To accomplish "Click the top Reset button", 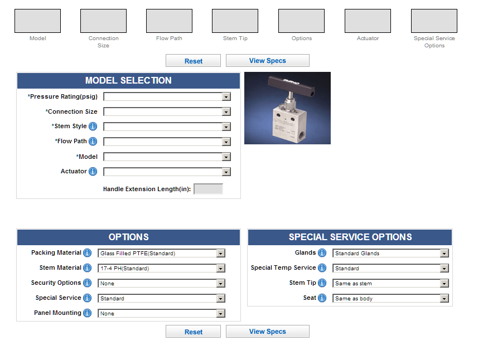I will (x=193, y=61).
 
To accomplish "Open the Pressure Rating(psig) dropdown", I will (x=167, y=96).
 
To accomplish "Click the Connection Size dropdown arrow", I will (x=226, y=111).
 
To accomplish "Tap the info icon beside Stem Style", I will (x=93, y=127).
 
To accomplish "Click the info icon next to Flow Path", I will (x=93, y=142).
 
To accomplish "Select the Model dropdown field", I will (x=167, y=157).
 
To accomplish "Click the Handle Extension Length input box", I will (x=208, y=189).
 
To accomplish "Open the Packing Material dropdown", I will (x=161, y=253).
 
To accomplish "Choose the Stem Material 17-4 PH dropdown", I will (x=161, y=268).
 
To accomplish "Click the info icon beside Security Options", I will (x=87, y=283).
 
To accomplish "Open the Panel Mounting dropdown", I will (x=161, y=313).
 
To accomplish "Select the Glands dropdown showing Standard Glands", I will (x=390, y=253).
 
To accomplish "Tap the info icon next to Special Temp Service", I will (x=322, y=268).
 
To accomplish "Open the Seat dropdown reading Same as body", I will (x=390, y=298).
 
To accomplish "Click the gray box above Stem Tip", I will (x=235, y=21).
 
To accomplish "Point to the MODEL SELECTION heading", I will (x=128, y=80).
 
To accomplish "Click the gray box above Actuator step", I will (x=368, y=21).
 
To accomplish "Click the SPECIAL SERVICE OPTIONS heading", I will (x=350, y=237).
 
